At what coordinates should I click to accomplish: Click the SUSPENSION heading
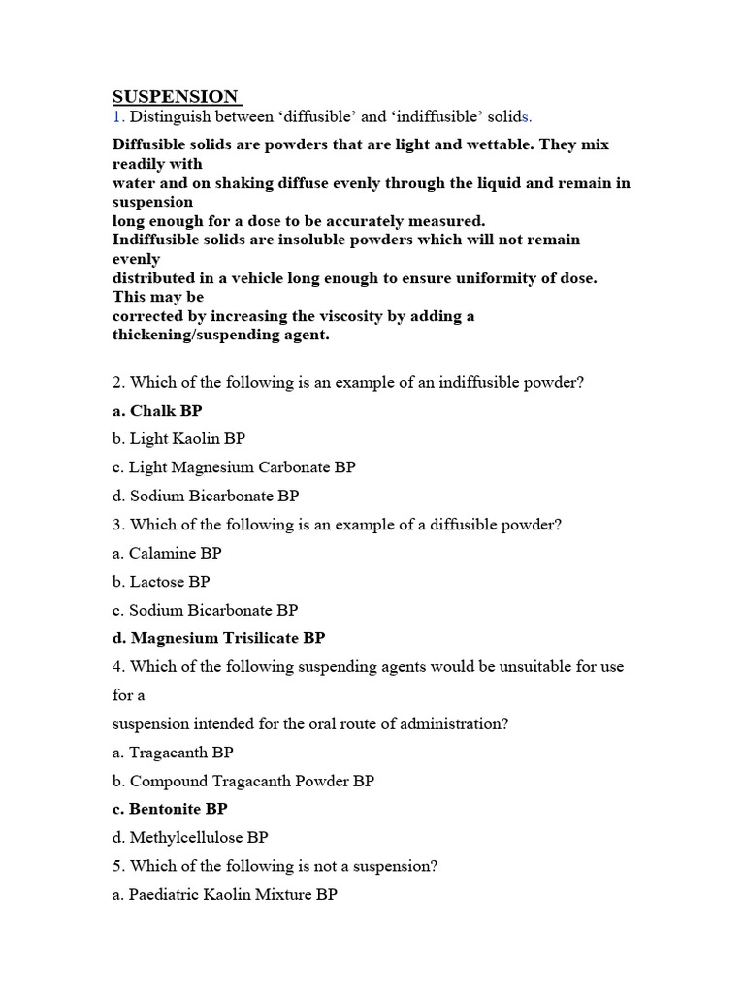pos(176,96)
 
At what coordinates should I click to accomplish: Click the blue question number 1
pos(117,117)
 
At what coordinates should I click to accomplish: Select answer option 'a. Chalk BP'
pos(157,411)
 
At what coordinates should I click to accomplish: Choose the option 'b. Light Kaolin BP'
pos(178,439)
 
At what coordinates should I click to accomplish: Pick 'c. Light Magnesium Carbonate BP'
pos(234,467)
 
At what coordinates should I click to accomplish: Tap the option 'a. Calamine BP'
pos(167,554)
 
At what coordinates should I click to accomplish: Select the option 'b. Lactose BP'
pos(161,582)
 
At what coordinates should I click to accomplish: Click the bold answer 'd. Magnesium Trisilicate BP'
pos(218,638)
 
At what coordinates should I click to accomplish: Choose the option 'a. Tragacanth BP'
pos(173,753)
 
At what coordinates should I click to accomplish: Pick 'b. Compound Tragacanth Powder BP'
pos(243,781)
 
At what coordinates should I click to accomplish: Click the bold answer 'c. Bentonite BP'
pos(170,809)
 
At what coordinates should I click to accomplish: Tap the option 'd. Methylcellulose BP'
pos(190,837)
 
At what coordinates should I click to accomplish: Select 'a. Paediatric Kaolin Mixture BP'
pos(224,895)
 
